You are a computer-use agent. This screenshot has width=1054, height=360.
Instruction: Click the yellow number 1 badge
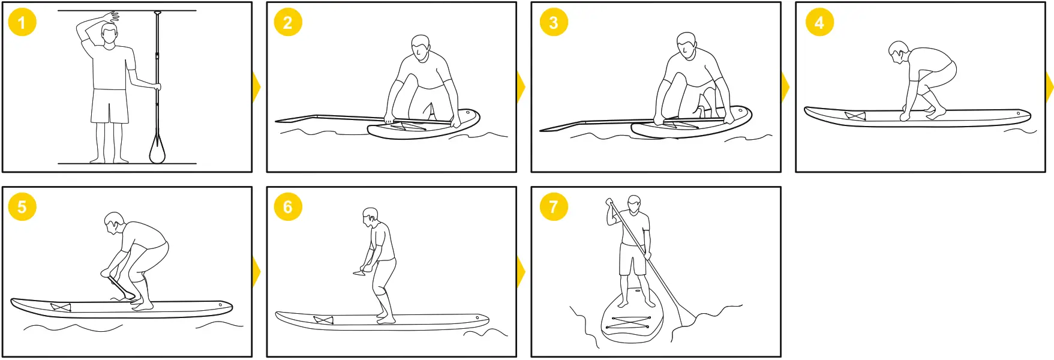[x=22, y=23]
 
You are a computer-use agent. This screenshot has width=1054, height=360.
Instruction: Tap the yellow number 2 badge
[x=287, y=23]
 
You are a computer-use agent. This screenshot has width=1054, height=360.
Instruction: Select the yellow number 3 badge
[x=553, y=23]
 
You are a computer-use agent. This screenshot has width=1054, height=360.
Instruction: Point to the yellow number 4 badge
[x=819, y=23]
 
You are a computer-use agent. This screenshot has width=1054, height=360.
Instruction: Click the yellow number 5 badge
[x=22, y=207]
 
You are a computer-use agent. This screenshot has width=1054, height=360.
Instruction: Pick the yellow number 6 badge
[x=287, y=207]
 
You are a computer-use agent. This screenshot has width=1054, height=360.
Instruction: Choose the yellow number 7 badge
[x=553, y=207]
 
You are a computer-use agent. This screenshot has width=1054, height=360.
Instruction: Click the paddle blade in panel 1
[x=157, y=150]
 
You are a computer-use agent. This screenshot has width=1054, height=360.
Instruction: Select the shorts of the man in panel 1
[x=110, y=106]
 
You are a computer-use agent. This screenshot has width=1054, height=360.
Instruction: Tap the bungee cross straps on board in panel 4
[x=855, y=116]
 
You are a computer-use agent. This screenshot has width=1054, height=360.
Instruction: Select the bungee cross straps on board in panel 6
[x=323, y=320]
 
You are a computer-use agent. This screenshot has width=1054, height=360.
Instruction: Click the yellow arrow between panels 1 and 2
[x=257, y=88]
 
